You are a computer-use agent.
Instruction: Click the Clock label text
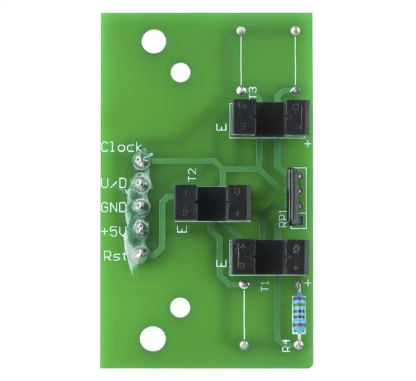pos(121,147)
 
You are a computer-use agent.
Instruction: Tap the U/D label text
pos(114,184)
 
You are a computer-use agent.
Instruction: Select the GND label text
pos(114,207)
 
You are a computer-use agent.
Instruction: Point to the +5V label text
pos(113,231)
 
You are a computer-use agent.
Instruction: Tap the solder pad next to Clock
pos(141,161)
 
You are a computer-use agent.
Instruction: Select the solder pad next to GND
pos(141,207)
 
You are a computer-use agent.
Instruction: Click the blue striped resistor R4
pos(299,312)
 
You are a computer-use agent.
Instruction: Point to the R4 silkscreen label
pos(285,345)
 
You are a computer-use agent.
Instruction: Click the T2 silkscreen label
pos(192,174)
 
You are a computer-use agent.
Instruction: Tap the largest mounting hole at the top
pos(153,42)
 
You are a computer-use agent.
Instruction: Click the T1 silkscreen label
pos(263,287)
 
